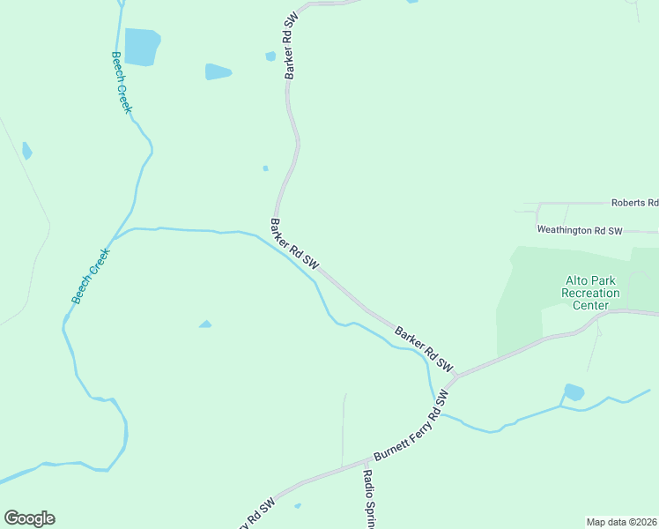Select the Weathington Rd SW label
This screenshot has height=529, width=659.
coord(580,230)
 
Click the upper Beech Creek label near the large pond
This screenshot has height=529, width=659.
coord(121,81)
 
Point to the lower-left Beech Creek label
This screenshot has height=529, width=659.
coord(92,276)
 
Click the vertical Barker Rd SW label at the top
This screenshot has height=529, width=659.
coord(291,47)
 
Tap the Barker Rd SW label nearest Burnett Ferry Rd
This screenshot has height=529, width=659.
coord(424,349)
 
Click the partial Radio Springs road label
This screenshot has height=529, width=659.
coord(369,498)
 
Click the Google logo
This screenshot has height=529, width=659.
coord(29,518)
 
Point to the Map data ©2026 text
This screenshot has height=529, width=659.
coord(621,522)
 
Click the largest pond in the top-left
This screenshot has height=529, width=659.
coord(141,47)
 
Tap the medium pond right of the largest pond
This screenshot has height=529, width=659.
coord(218,71)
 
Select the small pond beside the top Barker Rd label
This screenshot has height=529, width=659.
coord(270,56)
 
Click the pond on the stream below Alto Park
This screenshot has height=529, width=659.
coord(574,391)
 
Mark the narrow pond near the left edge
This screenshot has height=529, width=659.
coord(27,151)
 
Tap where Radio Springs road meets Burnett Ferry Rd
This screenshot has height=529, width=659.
coord(366,461)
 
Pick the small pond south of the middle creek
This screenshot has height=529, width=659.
coord(205,324)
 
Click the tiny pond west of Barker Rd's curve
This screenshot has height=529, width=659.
coord(265,168)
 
